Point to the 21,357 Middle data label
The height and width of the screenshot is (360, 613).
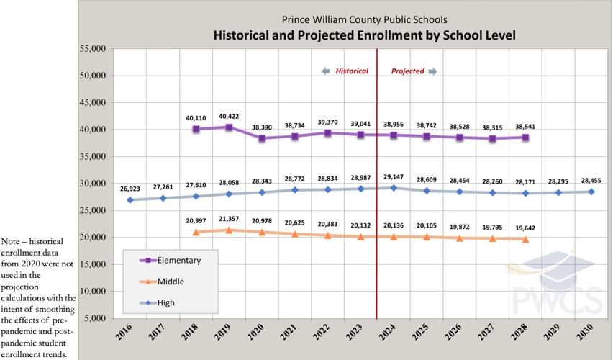[x=229, y=218]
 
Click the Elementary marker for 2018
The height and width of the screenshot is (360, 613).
[x=196, y=129]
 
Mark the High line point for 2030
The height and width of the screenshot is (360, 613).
[x=592, y=192]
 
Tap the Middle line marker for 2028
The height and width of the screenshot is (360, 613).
[x=525, y=239]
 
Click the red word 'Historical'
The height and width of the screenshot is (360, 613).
[x=352, y=71]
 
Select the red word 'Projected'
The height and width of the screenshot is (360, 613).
[x=407, y=71]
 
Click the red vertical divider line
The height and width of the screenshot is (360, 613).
[x=377, y=216]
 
